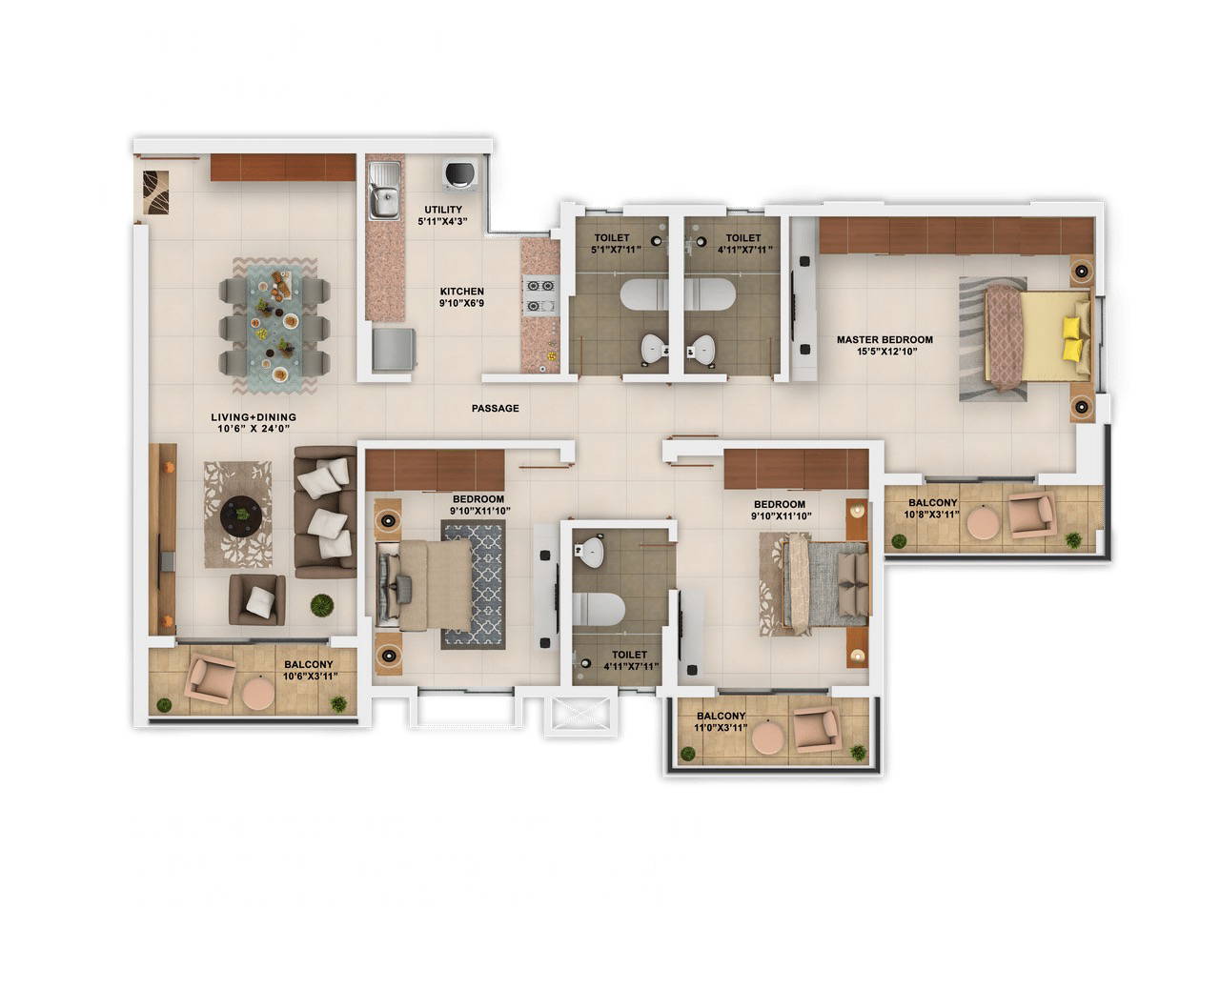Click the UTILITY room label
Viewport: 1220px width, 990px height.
[x=442, y=210]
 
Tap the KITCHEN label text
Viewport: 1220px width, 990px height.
[x=461, y=292]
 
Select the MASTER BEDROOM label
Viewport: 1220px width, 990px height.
[x=884, y=339]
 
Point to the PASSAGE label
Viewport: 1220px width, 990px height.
[x=495, y=408]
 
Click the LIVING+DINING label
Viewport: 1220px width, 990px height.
[x=254, y=417]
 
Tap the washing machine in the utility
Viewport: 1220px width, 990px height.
[x=459, y=173]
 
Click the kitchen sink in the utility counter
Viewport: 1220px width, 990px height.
[x=385, y=201]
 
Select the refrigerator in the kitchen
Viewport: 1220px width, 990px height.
[x=393, y=351]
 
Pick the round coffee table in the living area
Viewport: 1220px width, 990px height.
[x=242, y=515]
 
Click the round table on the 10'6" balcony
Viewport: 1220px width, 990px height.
[x=257, y=694]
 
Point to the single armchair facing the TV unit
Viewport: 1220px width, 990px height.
[x=256, y=599]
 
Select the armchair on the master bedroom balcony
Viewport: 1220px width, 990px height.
[x=1030, y=515]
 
